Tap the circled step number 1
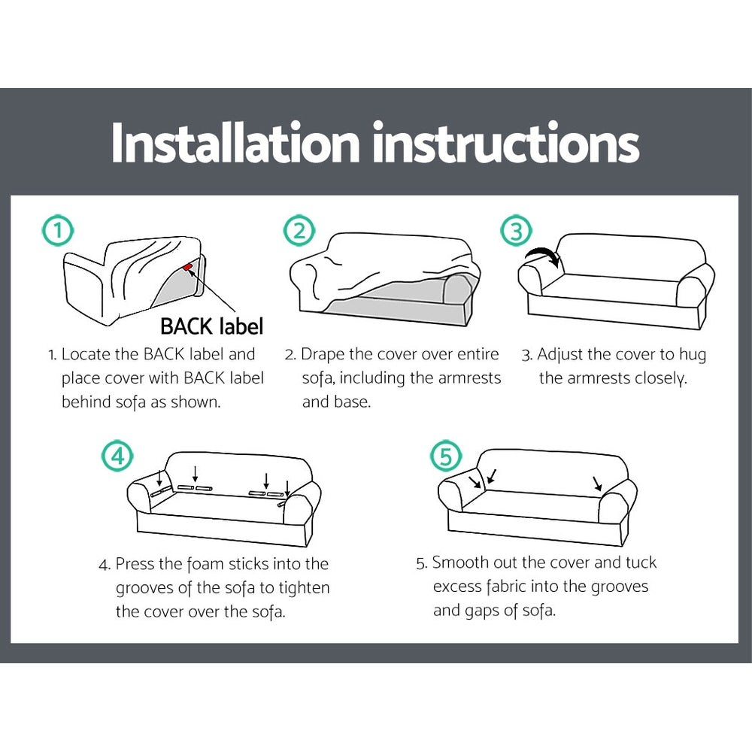(58, 232)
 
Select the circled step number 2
(299, 232)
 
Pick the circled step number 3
(517, 232)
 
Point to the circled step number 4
(117, 456)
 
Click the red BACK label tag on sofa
(187, 266)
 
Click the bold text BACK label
(211, 326)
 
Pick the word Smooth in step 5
(459, 562)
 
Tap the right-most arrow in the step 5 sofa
(597, 483)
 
